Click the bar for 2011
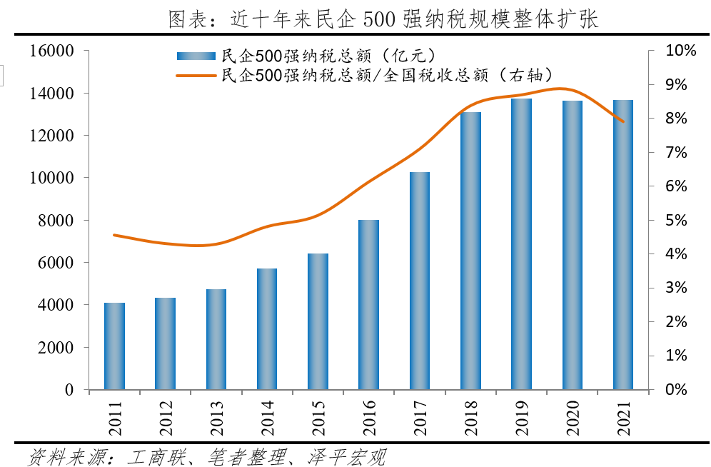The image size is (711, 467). [114, 346]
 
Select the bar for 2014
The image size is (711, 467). [267, 329]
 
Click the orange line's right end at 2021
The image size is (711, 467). [623, 121]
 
